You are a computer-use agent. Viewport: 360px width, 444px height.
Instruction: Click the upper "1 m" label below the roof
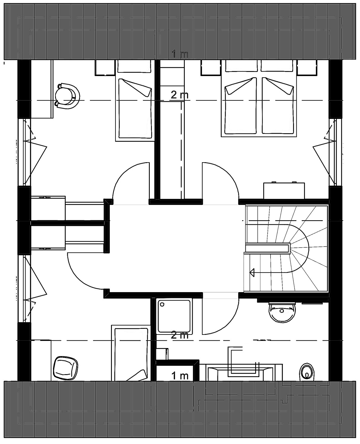[180, 54]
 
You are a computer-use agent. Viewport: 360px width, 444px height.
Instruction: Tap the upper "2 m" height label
[180, 95]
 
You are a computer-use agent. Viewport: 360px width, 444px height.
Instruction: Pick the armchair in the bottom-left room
[65, 368]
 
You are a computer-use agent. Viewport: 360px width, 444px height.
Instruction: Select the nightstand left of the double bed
[211, 67]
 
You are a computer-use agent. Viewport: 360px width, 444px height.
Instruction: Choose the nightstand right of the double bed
[308, 67]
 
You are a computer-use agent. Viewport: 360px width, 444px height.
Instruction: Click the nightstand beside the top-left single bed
[105, 67]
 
